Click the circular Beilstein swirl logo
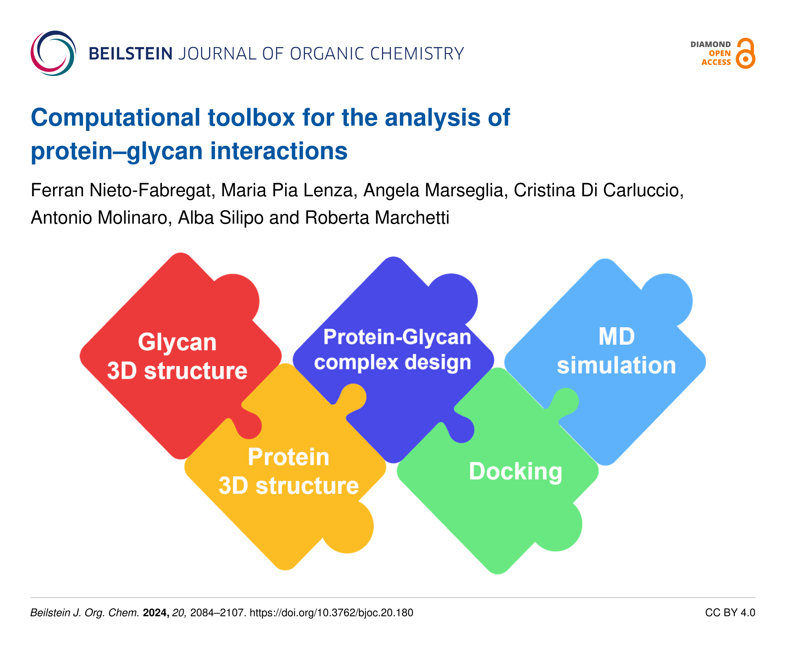[x=53, y=53]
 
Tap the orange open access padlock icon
[x=745, y=53]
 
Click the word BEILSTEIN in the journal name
[x=131, y=54]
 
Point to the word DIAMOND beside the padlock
[x=710, y=45]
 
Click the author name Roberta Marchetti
[x=377, y=217]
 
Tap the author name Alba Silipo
[x=220, y=217]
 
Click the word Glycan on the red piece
[x=177, y=342]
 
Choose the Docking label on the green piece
[x=515, y=471]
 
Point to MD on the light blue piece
[x=616, y=337]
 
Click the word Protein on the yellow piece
[x=288, y=457]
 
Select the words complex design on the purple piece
[x=392, y=362]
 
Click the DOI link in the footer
[x=331, y=612]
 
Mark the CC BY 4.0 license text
[x=730, y=612]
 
